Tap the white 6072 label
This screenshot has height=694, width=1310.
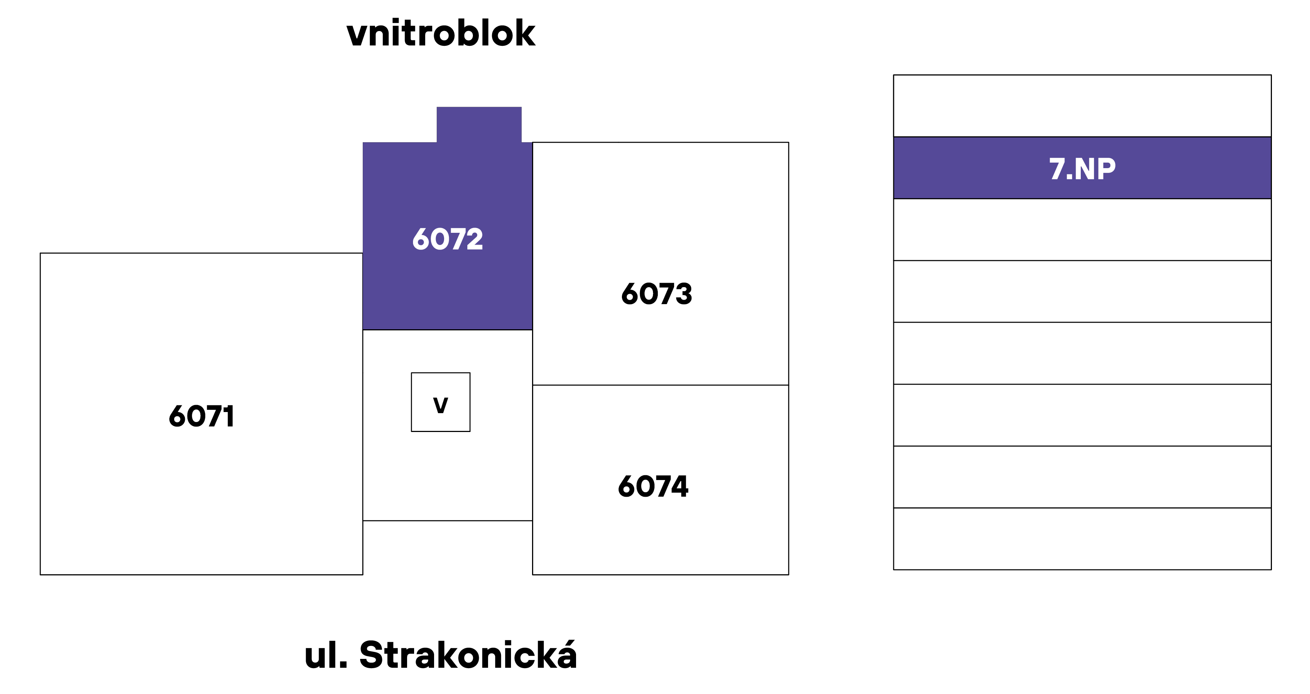pos(447,239)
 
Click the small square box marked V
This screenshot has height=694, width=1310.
pos(440,402)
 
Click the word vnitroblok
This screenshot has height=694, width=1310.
pos(441,34)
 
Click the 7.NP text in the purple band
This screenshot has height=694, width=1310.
pos(1082,169)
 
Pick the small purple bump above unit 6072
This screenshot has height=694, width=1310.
pos(479,125)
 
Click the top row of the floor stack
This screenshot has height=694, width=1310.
pos(1082,106)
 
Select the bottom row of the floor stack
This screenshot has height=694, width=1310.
pos(1082,538)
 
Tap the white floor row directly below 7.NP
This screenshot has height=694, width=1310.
pos(1082,229)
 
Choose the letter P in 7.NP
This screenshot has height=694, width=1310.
pos(1107,169)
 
